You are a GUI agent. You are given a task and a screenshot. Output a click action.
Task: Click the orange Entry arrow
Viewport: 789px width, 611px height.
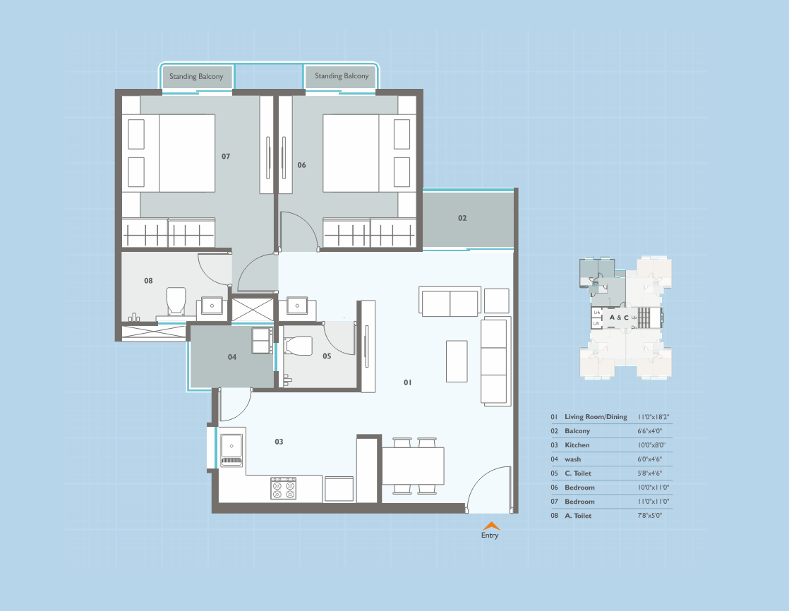[490, 526]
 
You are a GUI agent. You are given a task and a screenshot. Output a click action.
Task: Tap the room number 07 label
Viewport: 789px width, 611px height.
[226, 156]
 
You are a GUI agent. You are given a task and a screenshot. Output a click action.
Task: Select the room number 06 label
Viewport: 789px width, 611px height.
[301, 165]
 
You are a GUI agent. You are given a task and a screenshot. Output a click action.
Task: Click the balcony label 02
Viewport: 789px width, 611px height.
[462, 218]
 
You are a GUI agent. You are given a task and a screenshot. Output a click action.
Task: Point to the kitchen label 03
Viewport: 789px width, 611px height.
[279, 442]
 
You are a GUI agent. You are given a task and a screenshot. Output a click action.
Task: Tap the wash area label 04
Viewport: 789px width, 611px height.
[232, 357]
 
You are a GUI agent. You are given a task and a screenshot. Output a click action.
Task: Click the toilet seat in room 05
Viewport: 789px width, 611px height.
[298, 346]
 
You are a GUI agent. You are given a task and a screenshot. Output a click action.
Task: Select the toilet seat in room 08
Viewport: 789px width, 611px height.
[175, 301]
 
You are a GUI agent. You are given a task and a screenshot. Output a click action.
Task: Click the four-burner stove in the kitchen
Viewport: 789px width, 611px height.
[284, 489]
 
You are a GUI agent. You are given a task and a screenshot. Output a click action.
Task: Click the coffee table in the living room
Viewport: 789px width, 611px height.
[457, 361]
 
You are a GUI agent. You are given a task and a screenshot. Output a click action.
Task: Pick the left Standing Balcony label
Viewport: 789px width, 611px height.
[196, 76]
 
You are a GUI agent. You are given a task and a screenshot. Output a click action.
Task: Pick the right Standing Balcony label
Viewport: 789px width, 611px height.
[342, 76]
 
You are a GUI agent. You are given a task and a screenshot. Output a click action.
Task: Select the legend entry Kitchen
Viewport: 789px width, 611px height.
[577, 445]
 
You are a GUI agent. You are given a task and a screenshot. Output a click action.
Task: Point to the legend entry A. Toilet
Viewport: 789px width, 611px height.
[578, 516]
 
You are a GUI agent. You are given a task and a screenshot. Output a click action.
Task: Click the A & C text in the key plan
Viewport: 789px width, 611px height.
[619, 317]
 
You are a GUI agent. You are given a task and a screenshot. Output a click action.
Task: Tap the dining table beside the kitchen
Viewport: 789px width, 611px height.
[413, 466]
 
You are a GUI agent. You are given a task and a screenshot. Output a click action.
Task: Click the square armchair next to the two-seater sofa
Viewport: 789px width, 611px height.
[497, 301]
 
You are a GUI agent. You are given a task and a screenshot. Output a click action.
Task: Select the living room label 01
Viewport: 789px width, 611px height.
[407, 382]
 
